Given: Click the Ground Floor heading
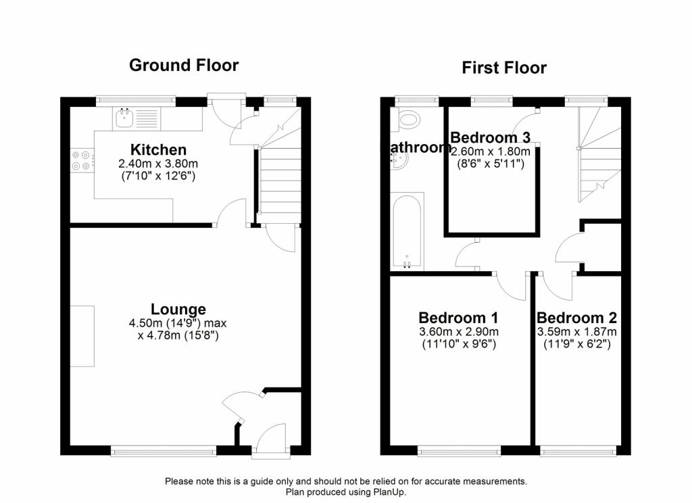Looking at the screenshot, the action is coord(184,66).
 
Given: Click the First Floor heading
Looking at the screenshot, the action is coord(504,68).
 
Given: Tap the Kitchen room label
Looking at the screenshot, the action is coord(158,149).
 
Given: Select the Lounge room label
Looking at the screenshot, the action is coord(178,309).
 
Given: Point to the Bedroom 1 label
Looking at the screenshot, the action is coord(458,318).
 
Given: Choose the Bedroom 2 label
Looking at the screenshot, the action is coord(576,318).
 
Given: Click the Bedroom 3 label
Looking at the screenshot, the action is coord(490,137).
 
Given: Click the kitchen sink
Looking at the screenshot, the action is coord(125,118).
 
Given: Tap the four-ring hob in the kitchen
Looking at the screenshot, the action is coord(81,160).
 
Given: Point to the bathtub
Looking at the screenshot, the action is coord(407,232).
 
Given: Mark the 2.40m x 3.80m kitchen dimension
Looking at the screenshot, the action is coord(158,164).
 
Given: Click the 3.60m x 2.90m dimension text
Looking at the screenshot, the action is coord(459,332).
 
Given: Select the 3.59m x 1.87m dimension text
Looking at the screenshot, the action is coord(577,332).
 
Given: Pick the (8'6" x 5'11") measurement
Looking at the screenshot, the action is coord(491,164).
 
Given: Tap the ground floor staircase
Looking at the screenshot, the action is coord(279,174).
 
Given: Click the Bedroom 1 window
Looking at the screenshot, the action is coord(460,450).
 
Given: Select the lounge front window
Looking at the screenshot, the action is coord(164,450).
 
